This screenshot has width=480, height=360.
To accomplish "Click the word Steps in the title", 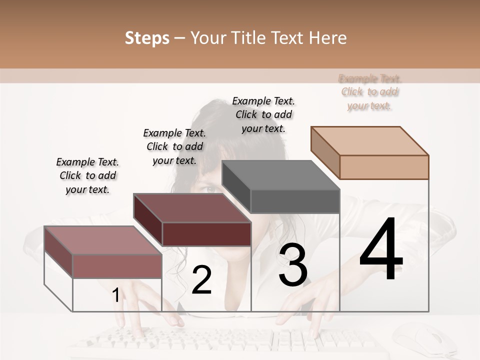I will pos(147,38).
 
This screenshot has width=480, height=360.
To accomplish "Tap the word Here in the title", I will pos(327,38).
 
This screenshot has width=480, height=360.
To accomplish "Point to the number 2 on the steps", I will pos(202,280).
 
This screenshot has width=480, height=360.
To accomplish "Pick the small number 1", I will pos(115,295).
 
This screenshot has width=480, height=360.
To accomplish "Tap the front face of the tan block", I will pos(384,167).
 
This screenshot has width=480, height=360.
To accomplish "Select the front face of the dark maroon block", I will pos(206,234).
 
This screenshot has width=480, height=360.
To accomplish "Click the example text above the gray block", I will pos(263,114).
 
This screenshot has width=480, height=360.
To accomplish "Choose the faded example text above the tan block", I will pos(370,92).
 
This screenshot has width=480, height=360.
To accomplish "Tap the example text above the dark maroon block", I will pos(174,146).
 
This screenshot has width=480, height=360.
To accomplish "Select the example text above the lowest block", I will pos(87,175).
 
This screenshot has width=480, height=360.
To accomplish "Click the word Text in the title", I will pos(286,38).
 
